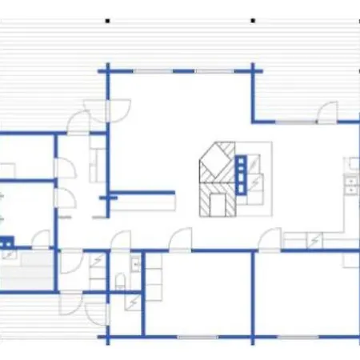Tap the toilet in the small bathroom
click(x=120, y=281)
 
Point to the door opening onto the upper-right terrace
click(x=326, y=113)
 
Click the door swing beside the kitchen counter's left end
click(x=271, y=238)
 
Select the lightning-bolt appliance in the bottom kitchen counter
click(x=315, y=239)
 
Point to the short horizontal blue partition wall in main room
click(x=142, y=194)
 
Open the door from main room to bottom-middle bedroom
click(x=182, y=238)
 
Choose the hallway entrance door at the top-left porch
click(x=79, y=123)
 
